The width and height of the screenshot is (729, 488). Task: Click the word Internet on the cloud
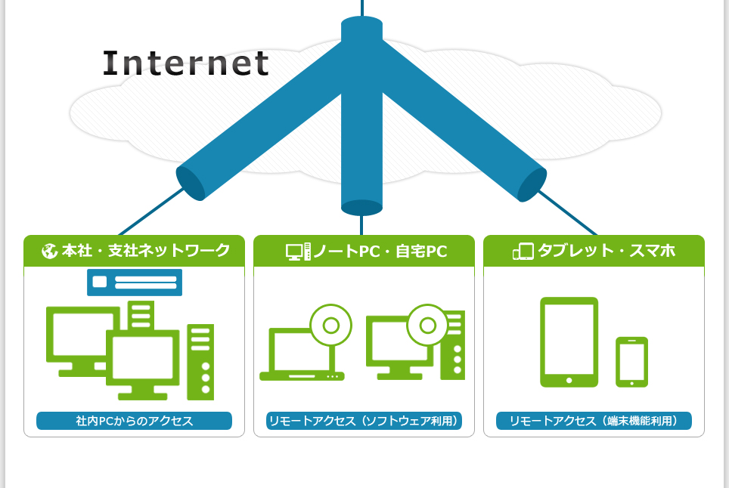point(186,63)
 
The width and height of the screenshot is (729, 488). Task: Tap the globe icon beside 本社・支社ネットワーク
point(50,251)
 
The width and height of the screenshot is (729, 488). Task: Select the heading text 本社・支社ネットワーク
point(145,251)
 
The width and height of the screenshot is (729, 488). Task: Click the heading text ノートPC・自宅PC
point(380,251)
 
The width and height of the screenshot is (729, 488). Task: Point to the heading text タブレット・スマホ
point(606,251)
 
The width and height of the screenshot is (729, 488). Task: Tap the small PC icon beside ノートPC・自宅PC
point(298,251)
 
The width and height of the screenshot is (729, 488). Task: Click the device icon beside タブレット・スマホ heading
point(523,251)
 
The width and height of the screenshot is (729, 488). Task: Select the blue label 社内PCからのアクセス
point(134,421)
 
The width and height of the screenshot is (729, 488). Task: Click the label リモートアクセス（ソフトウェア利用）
point(364,421)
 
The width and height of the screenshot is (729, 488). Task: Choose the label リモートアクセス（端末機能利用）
point(594,421)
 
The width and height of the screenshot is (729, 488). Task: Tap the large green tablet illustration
point(569,341)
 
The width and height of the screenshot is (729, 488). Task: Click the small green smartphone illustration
point(631,362)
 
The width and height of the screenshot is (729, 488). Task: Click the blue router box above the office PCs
point(135,282)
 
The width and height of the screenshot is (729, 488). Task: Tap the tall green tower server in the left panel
point(200,362)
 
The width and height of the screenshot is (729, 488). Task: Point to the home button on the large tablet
point(569,380)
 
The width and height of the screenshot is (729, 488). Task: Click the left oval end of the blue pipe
point(191,184)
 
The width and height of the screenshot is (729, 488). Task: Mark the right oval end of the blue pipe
point(532,185)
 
